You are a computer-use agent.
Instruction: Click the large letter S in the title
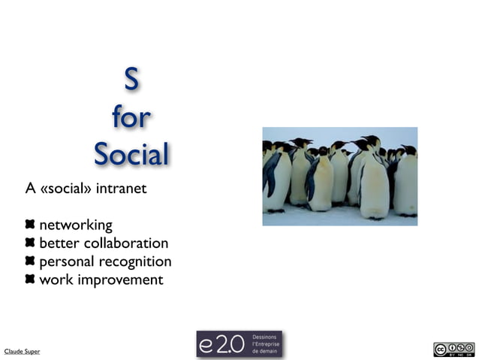(x=131, y=80)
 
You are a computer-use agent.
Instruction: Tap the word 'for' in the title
(x=131, y=118)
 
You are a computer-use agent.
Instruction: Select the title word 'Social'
(x=131, y=155)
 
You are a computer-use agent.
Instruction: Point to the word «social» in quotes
(x=67, y=188)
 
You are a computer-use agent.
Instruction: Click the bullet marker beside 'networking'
(x=30, y=225)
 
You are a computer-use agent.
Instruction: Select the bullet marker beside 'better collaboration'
(x=30, y=243)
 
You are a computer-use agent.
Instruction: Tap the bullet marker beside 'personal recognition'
(x=30, y=262)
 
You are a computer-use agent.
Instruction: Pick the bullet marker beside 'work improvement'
(x=30, y=280)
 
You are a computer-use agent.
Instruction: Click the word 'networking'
(x=76, y=225)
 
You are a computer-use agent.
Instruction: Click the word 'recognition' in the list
(x=136, y=262)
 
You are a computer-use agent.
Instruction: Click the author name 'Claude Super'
(x=23, y=351)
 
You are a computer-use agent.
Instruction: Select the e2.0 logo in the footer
(x=239, y=343)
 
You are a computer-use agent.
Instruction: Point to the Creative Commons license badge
(x=453, y=349)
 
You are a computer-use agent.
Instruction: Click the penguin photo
(x=339, y=176)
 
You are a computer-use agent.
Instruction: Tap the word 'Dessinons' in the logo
(x=264, y=337)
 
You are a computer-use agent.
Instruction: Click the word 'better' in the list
(x=59, y=243)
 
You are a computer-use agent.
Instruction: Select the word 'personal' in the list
(x=67, y=262)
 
